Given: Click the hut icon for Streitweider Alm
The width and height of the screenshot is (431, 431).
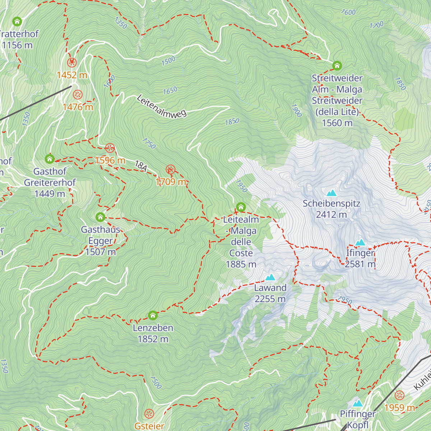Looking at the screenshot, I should pos(337,66).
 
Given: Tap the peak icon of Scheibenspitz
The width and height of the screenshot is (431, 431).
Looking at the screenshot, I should pos(331,193).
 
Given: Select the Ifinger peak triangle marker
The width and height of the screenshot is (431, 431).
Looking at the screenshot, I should pos(360,243).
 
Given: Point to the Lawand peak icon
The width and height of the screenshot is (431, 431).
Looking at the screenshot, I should pos(270,277).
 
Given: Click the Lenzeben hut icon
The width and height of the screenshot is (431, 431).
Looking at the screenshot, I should pos(153,316).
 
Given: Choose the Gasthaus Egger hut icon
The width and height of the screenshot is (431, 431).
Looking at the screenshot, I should pos(100,217).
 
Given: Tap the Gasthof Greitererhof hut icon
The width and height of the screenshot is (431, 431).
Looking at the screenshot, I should pos(50,159).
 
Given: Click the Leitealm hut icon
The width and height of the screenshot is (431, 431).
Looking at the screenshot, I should pos(241,207).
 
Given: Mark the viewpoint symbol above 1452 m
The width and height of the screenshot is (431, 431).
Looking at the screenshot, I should pos(72,63).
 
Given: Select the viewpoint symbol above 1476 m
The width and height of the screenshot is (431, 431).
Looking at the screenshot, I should pos(78,95).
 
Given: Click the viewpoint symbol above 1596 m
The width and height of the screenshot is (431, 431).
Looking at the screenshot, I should pos(110,148).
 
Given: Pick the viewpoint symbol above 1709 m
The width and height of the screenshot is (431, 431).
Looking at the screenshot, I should pos(171,170).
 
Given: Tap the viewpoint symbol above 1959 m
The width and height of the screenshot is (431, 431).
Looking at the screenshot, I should pos(399,396).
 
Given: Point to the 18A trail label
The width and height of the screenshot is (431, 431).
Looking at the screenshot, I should pos(141,166).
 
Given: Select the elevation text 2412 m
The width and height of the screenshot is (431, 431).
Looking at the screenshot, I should pos(331,215).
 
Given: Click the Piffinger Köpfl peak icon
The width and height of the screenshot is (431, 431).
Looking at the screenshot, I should pos(357,403).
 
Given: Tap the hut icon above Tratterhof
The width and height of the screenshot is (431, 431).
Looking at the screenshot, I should pos(17,22).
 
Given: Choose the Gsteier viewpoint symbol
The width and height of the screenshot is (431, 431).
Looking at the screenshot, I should pos(149,414).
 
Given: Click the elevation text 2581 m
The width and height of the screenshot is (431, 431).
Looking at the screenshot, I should pos(360,264).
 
